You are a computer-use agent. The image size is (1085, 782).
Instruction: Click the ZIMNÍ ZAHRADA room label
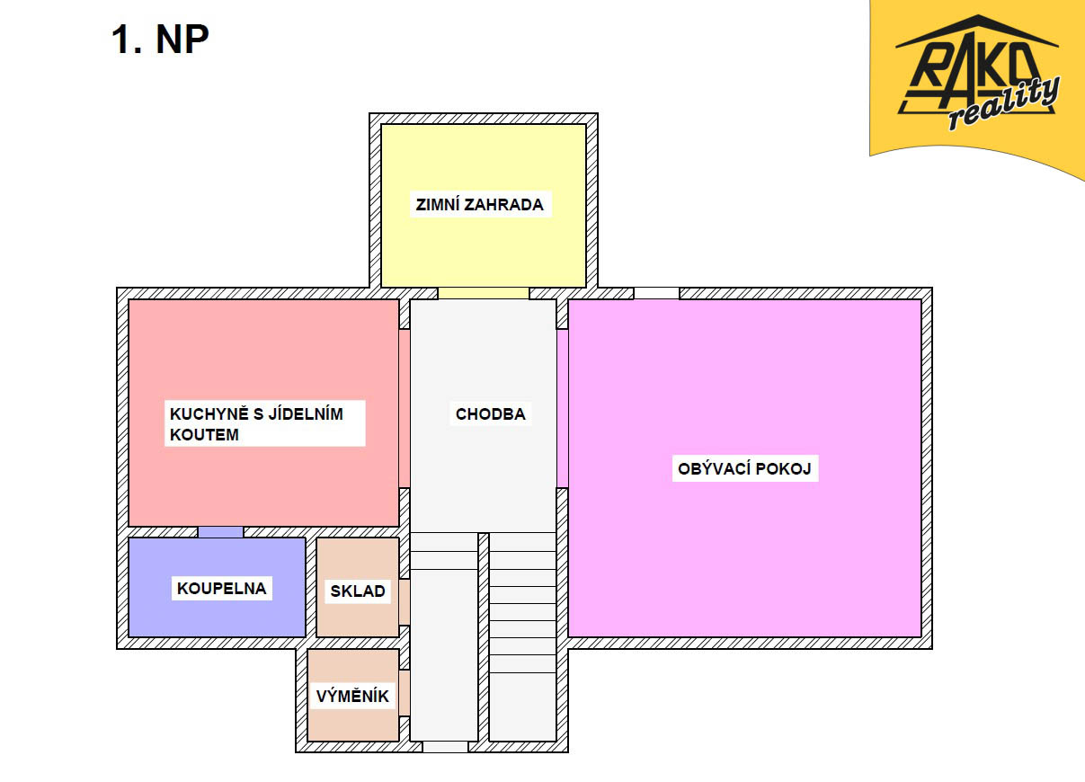(479, 204)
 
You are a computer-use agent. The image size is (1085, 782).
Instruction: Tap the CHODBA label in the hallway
(490, 414)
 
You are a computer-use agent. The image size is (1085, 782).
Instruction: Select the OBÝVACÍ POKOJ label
(744, 468)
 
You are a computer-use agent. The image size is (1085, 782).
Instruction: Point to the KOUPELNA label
(221, 589)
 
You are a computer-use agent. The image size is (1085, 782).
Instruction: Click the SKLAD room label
(358, 591)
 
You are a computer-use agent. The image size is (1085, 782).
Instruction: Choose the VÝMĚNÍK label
(352, 696)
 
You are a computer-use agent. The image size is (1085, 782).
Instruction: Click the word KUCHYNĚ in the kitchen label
(209, 413)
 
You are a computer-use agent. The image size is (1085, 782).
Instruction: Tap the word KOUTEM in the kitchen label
(204, 435)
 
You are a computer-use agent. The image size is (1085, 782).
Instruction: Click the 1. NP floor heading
(160, 39)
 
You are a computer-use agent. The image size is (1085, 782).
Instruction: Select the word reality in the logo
(1003, 104)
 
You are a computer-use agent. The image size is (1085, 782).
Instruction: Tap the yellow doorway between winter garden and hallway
(484, 293)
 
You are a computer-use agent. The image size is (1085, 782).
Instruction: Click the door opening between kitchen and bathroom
(220, 532)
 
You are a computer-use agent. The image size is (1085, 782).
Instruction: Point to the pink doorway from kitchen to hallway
(405, 409)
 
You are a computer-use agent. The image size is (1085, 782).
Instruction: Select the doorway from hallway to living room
(563, 409)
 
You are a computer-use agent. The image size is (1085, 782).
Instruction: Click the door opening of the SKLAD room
(405, 602)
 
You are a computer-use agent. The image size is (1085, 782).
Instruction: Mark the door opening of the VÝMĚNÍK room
(405, 693)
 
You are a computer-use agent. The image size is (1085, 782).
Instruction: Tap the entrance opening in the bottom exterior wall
(445, 747)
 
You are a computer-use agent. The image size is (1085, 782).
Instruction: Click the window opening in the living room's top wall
(656, 293)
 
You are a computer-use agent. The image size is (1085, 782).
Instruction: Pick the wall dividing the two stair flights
(484, 637)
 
